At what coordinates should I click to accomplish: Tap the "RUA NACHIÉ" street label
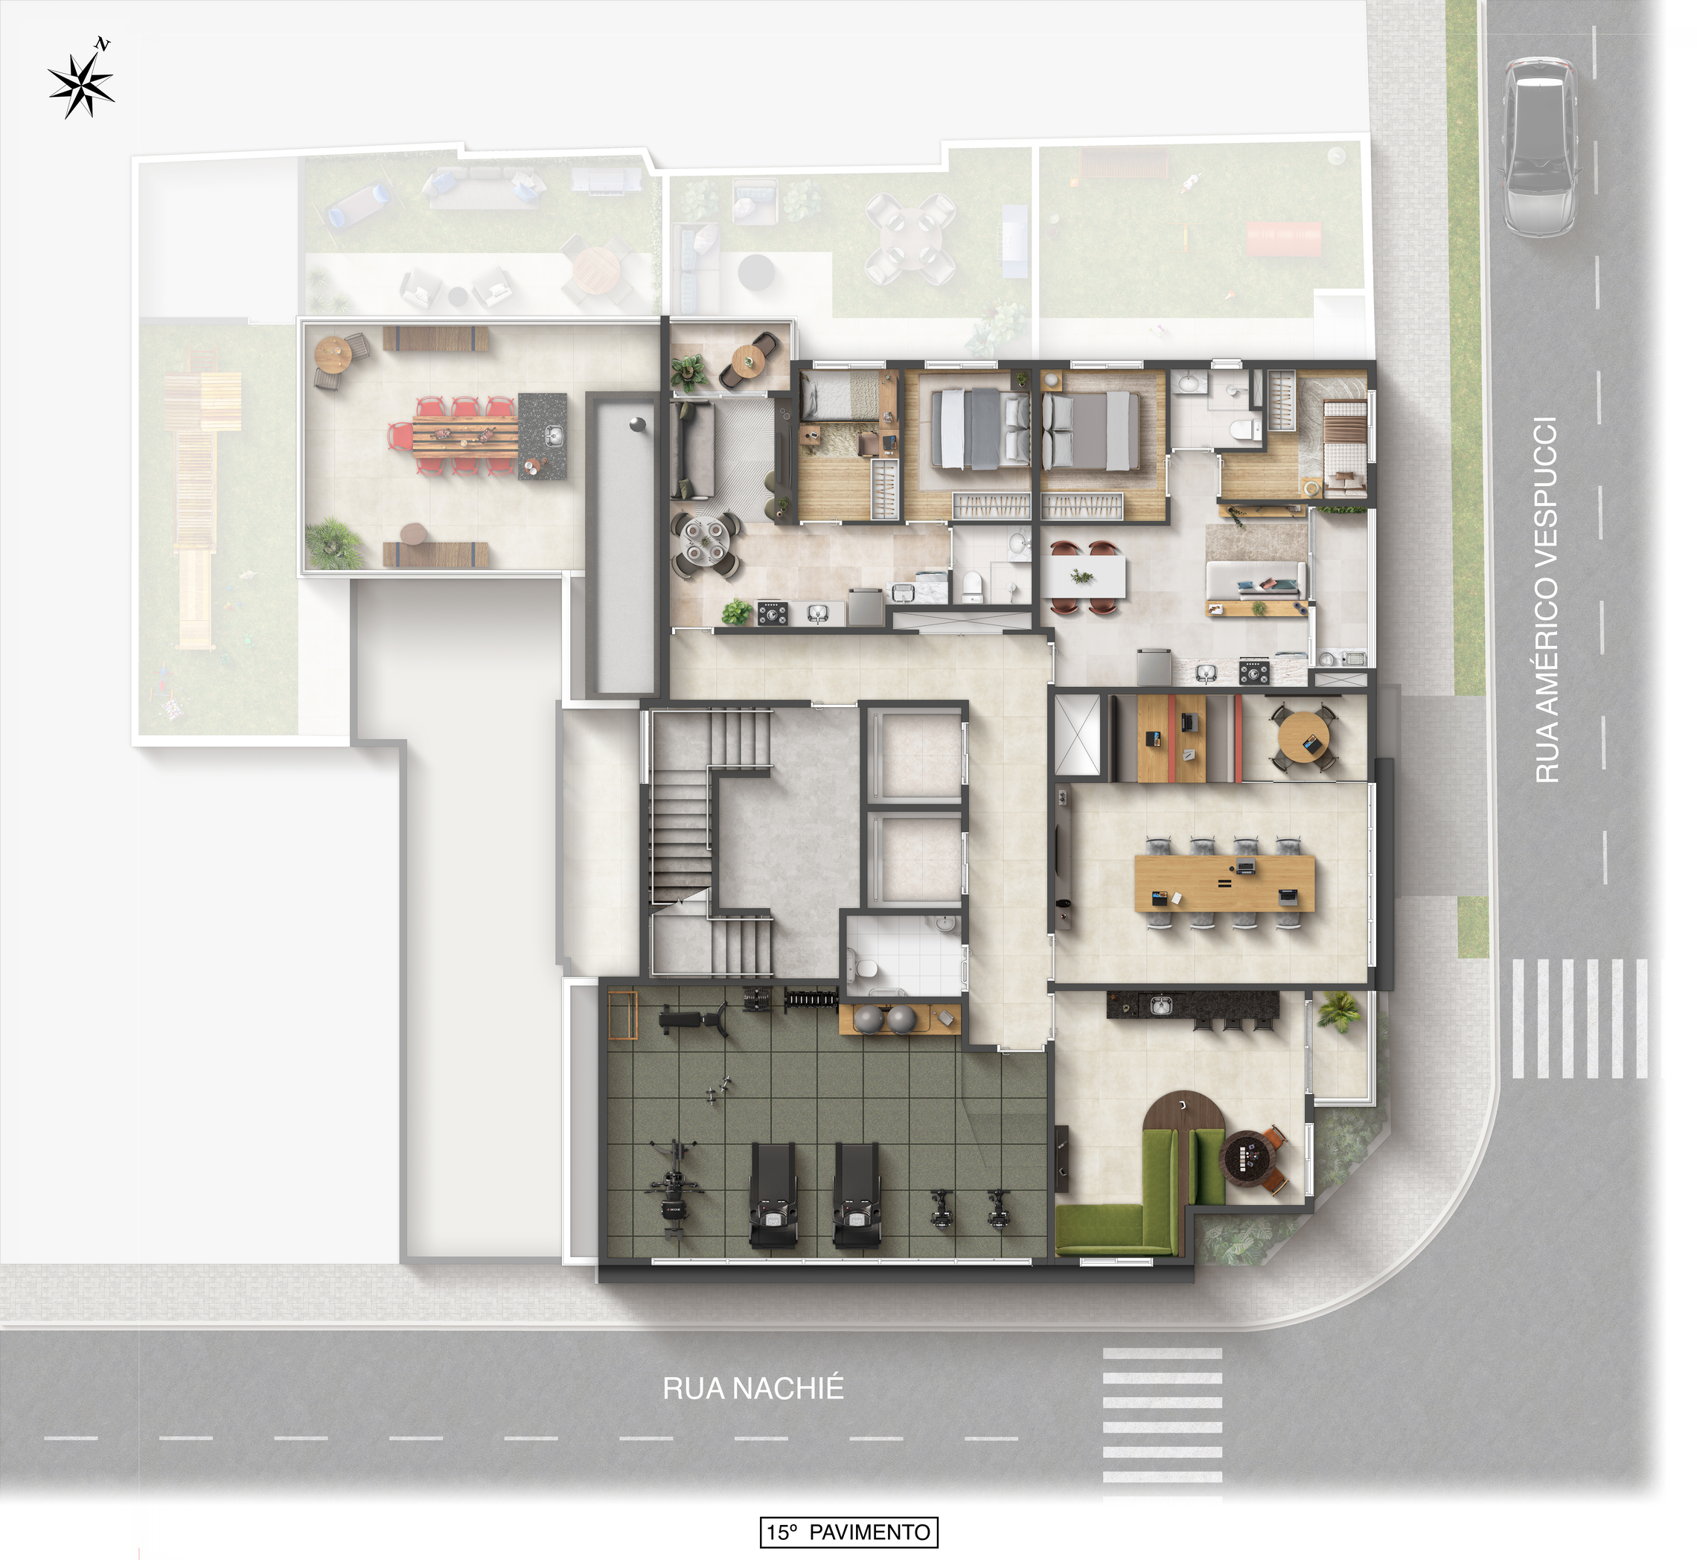pos(752,1389)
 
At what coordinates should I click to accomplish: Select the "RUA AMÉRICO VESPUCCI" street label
pos(1546,600)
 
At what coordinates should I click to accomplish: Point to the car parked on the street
pos(1539,147)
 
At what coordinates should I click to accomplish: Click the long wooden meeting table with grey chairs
pos(1224,883)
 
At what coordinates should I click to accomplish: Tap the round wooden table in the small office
pos(1303,737)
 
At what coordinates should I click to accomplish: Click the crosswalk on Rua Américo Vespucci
pos(1579,1019)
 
